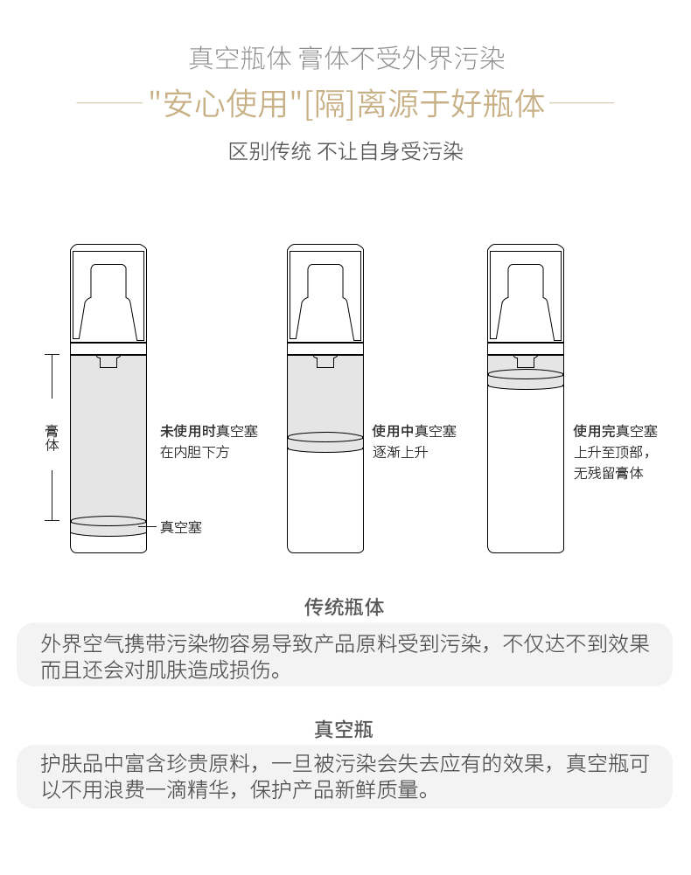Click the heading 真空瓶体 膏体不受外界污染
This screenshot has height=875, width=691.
[x=346, y=59]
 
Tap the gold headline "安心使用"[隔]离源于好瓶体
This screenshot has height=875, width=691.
[x=346, y=103]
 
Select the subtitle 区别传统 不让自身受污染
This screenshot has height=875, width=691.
[x=345, y=151]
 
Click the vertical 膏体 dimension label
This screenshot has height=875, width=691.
[x=52, y=437]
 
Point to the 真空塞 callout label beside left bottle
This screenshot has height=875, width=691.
[x=180, y=527]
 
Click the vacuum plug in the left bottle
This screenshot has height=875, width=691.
[x=108, y=526]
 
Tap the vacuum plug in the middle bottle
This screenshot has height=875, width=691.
[x=325, y=442]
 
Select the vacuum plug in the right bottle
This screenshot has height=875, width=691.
[x=526, y=378]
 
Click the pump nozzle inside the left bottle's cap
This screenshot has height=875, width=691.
[x=108, y=302]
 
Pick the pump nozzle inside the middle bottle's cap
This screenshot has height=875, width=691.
[x=325, y=302]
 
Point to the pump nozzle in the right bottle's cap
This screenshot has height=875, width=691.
[x=526, y=302]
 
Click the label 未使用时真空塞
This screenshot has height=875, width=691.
[x=209, y=431]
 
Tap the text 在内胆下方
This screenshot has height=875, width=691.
[x=194, y=452]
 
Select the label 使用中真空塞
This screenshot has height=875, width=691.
[x=414, y=431]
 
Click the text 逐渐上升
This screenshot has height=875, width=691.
[x=400, y=452]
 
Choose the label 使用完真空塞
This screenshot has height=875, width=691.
[x=615, y=431]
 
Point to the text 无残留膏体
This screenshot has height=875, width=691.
[x=608, y=473]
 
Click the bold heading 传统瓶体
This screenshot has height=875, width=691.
[x=344, y=607]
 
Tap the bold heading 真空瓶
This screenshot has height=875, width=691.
[x=344, y=729]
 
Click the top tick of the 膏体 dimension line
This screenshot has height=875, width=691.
[x=52, y=354]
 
